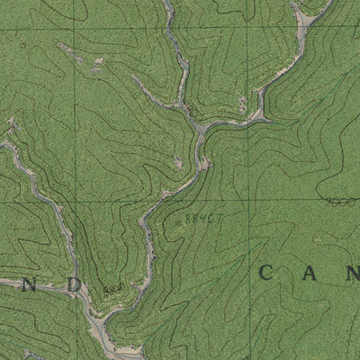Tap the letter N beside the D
click(29, 283)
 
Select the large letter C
click(267, 273)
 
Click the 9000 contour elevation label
click(339, 202)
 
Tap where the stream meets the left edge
click(2, 145)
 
